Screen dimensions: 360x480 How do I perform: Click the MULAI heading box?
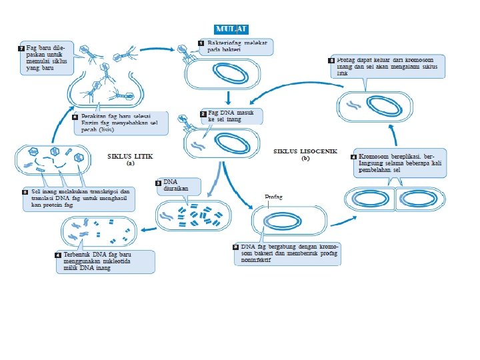pos(231,29)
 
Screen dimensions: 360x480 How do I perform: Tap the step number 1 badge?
pos(201,43)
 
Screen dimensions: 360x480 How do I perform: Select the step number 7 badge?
pos(21,49)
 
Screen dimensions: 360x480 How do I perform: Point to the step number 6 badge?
pos(75,117)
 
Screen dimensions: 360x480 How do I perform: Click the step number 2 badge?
pos(203,114)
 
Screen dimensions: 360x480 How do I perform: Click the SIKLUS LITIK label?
pos(131,156)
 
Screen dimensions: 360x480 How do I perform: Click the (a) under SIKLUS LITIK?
pos(131,163)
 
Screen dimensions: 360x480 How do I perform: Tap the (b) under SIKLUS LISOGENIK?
pos(305,159)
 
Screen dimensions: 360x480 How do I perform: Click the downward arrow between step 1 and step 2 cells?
pos(228,96)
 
